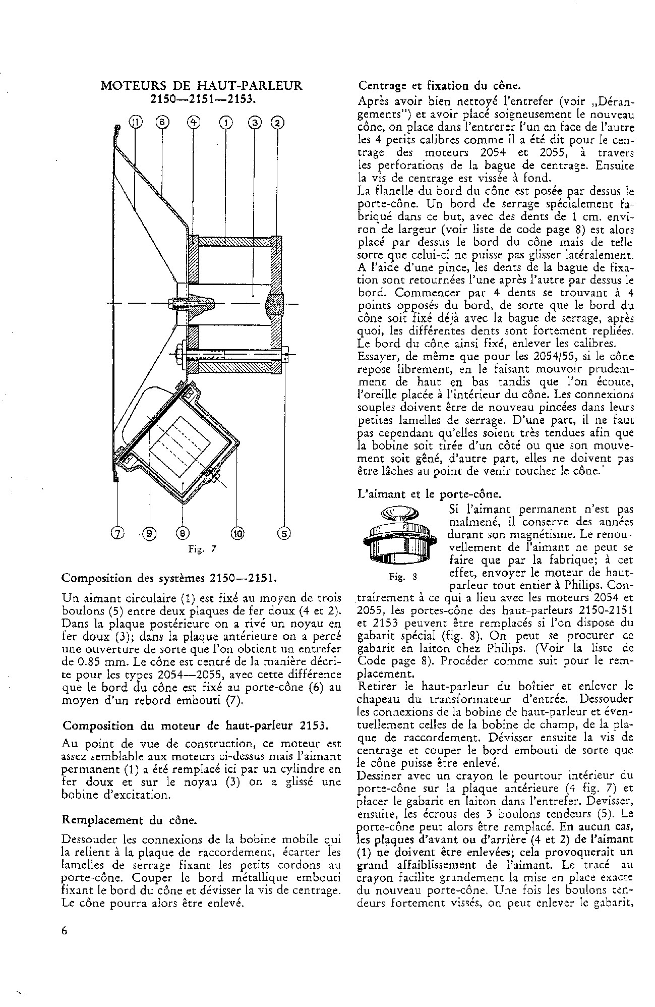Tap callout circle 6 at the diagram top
coord(162,122)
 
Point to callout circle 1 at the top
coord(226,122)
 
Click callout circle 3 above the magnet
coord(255,122)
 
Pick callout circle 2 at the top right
coord(277,122)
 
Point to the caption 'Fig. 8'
coord(396,577)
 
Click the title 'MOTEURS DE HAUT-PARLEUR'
coord(202,86)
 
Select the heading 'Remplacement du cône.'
coord(129,820)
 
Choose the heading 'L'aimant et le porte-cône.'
coord(422,495)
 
